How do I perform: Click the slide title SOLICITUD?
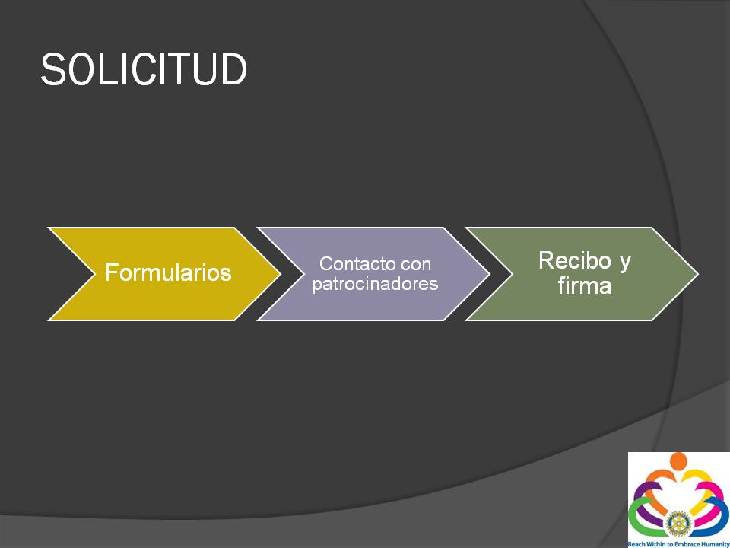pyautogui.click(x=144, y=69)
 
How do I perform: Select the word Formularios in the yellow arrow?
pyautogui.click(x=168, y=272)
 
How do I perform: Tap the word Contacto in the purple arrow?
pyautogui.click(x=352, y=264)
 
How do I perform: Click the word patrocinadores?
pyautogui.click(x=375, y=284)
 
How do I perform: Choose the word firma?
pyautogui.click(x=585, y=285)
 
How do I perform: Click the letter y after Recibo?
pyautogui.click(x=625, y=263)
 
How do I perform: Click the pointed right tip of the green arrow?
pyautogui.click(x=698, y=274)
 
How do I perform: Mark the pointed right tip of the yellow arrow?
pyautogui.click(x=281, y=274)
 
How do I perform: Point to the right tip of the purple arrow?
pyautogui.click(x=489, y=274)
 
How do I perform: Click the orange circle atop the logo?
pyautogui.click(x=678, y=460)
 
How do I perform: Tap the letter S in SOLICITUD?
pyautogui.click(x=52, y=69)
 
